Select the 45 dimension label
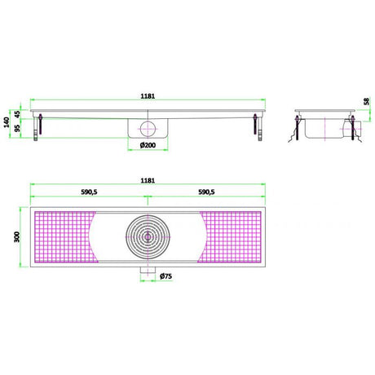[x=15, y=112]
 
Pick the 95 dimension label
[x=15, y=129]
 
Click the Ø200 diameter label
[x=149, y=146]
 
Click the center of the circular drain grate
[x=149, y=236]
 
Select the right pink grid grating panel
[x=235, y=236]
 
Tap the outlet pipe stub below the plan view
[x=149, y=271]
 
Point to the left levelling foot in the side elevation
[x=37, y=127]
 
